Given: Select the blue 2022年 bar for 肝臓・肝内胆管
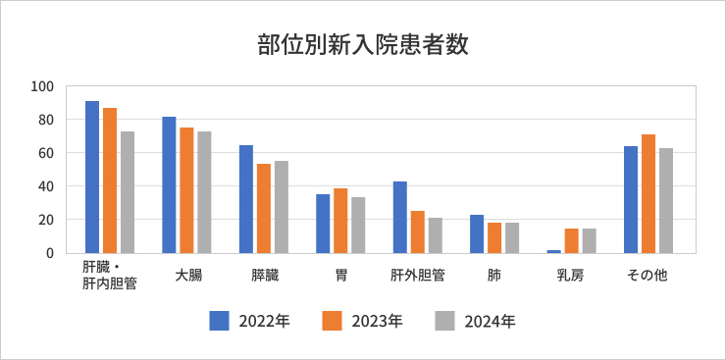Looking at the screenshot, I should (x=92, y=177).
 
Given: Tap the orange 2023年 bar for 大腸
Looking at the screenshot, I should (x=186, y=190).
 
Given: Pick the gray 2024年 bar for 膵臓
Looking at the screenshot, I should (x=281, y=207).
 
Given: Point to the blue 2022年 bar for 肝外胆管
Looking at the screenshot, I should (x=399, y=217).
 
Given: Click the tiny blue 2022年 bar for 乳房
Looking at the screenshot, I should (x=553, y=251).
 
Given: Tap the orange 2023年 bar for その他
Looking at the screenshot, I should (x=648, y=193).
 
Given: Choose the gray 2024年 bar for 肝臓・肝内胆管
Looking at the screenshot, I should (x=128, y=192).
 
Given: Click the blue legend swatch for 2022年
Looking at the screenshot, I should (x=219, y=320).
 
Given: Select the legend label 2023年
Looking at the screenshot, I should (x=377, y=321).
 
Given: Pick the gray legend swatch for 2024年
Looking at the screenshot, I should (x=445, y=320).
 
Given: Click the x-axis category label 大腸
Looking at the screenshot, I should (x=187, y=276).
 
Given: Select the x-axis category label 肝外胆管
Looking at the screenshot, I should (x=418, y=276).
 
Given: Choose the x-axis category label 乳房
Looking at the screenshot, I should (x=571, y=276).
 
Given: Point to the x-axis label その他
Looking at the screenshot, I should (x=648, y=276).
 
